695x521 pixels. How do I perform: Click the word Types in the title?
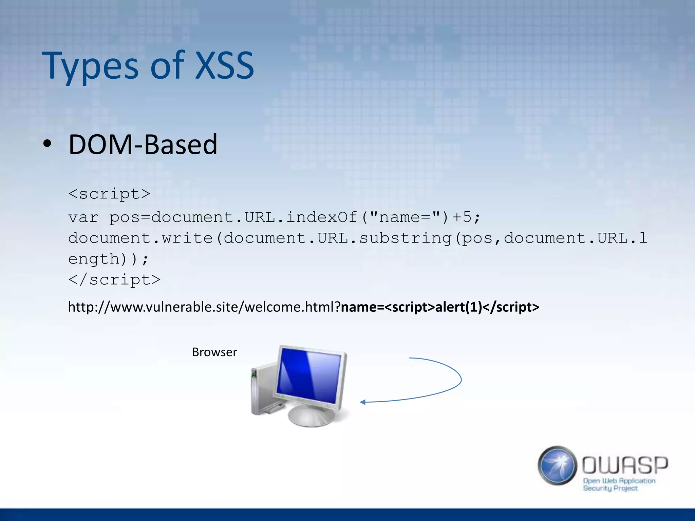[x=90, y=66]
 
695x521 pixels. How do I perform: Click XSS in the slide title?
[x=225, y=66]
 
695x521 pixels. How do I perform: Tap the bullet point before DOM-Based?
[x=47, y=144]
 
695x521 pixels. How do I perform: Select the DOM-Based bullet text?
[x=143, y=145]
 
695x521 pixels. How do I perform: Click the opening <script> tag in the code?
[x=109, y=194]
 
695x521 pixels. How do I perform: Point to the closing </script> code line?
[x=114, y=280]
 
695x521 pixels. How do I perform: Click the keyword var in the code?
[x=83, y=217]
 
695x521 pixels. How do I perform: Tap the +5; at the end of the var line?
[x=466, y=217]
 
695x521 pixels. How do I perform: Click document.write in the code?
[x=140, y=238]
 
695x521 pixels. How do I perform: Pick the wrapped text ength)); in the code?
[x=108, y=259]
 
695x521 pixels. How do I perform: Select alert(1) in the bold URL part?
[x=458, y=307]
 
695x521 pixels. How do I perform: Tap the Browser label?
[x=214, y=352]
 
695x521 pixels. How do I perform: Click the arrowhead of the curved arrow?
[x=362, y=402]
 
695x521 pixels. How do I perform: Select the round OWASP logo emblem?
[x=557, y=465]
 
